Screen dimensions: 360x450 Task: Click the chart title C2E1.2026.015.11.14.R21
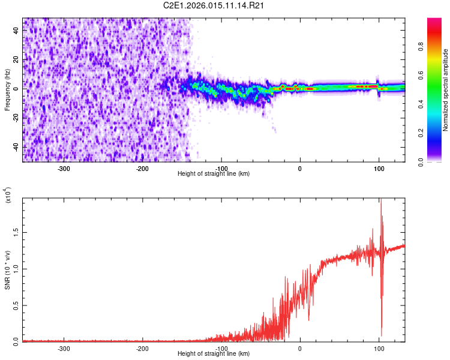pos(214,6)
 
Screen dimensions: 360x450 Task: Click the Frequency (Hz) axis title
pos(7,90)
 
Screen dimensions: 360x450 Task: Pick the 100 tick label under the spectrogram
pos(379,169)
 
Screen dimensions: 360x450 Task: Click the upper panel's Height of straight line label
pos(214,174)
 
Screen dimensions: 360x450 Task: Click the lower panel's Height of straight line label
pos(214,353)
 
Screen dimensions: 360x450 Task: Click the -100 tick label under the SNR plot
pos(221,348)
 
